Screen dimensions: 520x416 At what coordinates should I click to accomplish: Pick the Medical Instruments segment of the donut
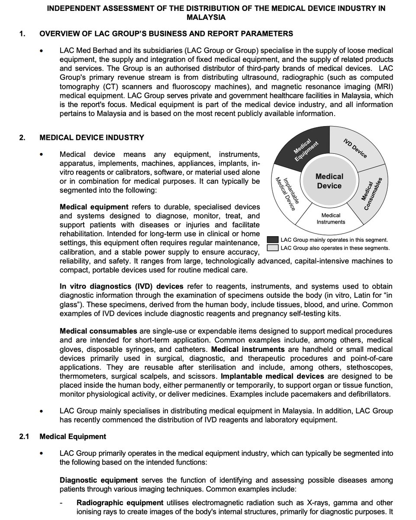pyautogui.click(x=331, y=218)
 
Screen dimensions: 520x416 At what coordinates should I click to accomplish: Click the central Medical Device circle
pyautogui.click(x=329, y=181)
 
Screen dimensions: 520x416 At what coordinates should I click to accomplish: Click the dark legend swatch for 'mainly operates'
pyautogui.click(x=272, y=240)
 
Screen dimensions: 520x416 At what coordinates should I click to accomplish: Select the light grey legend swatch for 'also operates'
pyautogui.click(x=272, y=248)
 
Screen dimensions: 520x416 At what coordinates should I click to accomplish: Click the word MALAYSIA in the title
pyautogui.click(x=206, y=17)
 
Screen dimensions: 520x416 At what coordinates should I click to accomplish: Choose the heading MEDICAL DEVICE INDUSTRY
pyautogui.click(x=92, y=137)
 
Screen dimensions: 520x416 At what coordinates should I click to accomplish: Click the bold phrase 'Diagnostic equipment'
pyautogui.click(x=99, y=480)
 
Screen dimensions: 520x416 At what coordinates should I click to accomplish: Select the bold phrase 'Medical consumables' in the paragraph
pyautogui.click(x=93, y=331)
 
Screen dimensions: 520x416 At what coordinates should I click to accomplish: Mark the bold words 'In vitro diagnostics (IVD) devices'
pyautogui.click(x=122, y=286)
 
